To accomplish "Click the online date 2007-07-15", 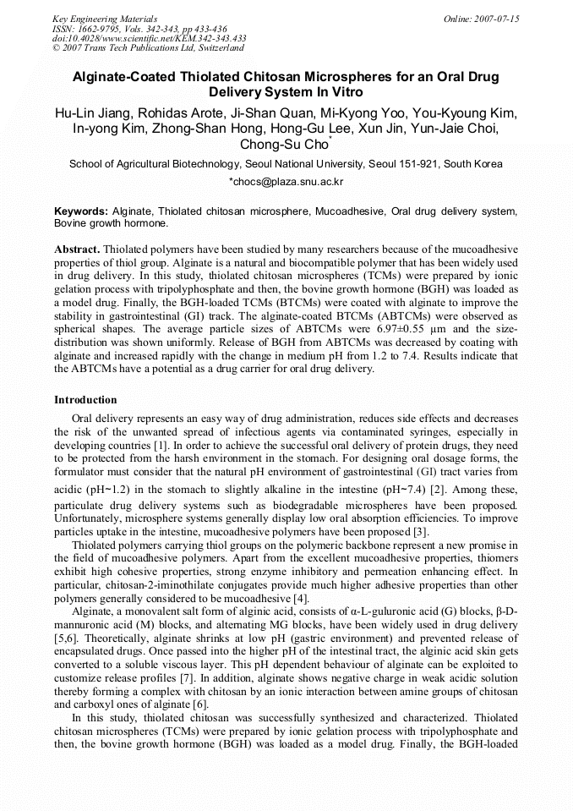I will click(x=498, y=19).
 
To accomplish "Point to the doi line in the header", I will click(x=149, y=39).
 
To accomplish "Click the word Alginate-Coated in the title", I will click(x=126, y=77).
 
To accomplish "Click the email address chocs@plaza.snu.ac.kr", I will click(x=286, y=182).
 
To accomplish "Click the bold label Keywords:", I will click(x=81, y=211).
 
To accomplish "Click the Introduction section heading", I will click(x=86, y=399).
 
